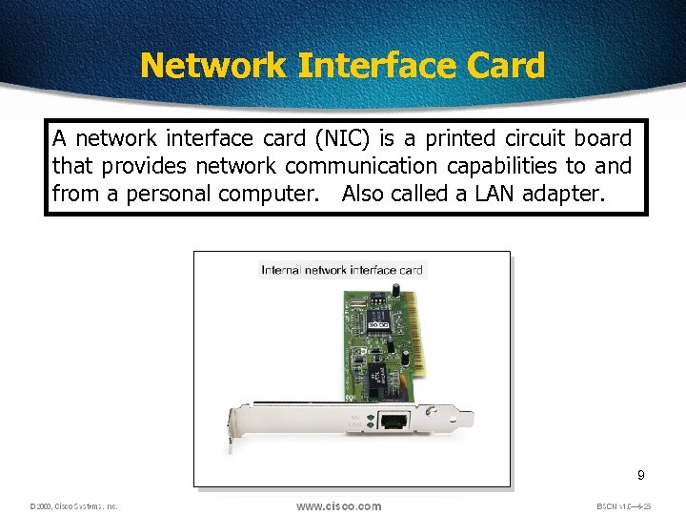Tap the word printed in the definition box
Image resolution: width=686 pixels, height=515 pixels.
(x=462, y=139)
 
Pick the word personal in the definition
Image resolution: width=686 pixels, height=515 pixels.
(x=171, y=195)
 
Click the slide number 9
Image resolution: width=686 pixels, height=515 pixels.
(x=641, y=475)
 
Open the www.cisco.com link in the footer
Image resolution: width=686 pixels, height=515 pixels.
(x=338, y=506)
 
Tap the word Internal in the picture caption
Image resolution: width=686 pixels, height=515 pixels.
(x=281, y=270)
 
